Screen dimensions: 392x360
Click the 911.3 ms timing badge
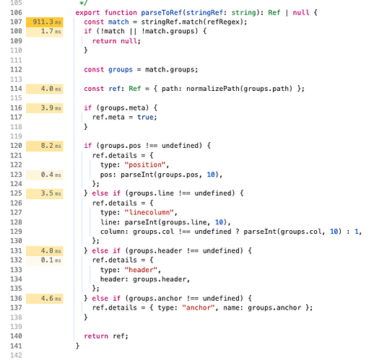[45, 22]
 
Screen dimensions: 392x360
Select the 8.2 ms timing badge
[45, 146]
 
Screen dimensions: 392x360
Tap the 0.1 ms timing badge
[45, 260]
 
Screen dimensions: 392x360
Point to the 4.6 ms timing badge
[45, 299]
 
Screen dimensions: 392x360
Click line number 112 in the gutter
[16, 70]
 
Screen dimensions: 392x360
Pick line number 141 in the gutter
[16, 346]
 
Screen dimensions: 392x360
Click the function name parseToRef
[162, 12]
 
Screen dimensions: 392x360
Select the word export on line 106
[88, 13]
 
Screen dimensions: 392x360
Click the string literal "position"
[145, 165]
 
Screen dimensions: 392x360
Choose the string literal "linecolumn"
[149, 213]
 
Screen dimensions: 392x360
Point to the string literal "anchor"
[199, 308]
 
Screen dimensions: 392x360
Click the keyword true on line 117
[145, 117]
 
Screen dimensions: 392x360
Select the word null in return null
[129, 41]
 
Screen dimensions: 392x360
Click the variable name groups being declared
[121, 70]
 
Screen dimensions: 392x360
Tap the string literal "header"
[141, 270]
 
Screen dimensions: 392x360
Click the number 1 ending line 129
[357, 232]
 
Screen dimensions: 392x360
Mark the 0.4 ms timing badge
[45, 175]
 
